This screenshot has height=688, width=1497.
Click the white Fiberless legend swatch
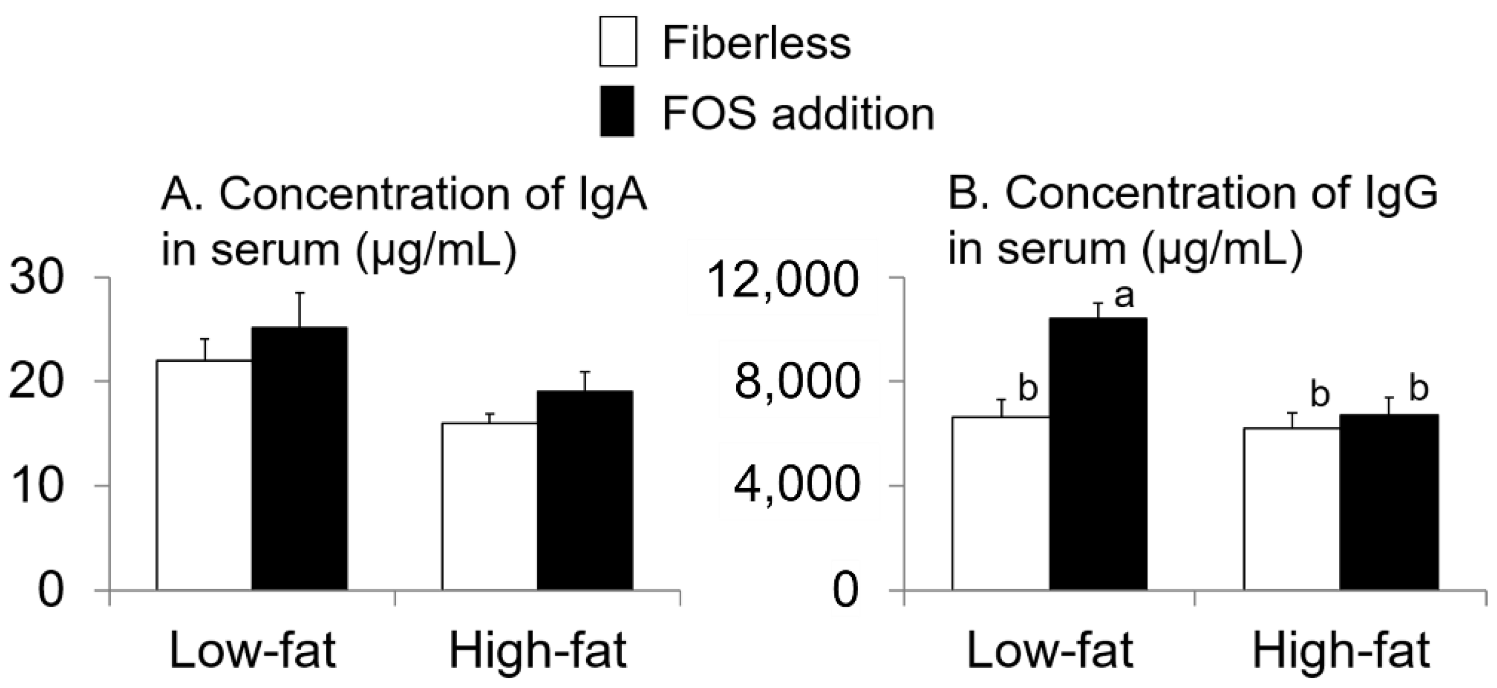tap(617, 41)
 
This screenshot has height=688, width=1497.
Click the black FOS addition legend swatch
tap(617, 111)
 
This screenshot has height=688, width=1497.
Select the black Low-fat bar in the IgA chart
tap(299, 458)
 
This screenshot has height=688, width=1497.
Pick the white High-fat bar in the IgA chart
tap(489, 506)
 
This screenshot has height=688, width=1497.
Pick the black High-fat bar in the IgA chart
tap(585, 490)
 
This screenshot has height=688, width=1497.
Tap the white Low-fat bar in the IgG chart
tap(1001, 503)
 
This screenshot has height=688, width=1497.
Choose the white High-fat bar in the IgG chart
tap(1292, 508)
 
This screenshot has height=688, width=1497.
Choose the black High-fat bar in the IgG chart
tap(1389, 502)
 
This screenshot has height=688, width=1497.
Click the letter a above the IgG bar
tap(1124, 297)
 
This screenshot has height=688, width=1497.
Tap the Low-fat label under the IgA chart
tap(253, 650)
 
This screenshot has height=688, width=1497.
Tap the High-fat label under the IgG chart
tap(1340, 650)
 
